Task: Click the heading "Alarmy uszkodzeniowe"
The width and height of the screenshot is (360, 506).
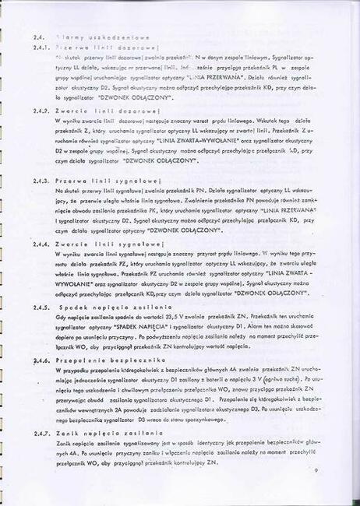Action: tap(91, 37)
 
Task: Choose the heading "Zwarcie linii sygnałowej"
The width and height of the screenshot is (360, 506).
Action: tap(103, 244)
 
